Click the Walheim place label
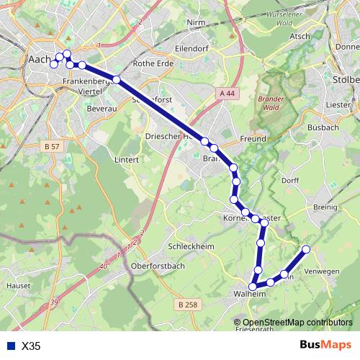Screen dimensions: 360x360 [251, 294]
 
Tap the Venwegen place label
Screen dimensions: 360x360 [321, 271]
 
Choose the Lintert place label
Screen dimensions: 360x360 [125, 159]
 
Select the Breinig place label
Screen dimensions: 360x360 [325, 207]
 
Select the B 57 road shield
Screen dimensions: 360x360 [52, 146]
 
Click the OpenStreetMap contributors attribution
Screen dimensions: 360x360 [297, 322]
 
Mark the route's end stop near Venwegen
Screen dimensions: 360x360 [306, 249]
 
